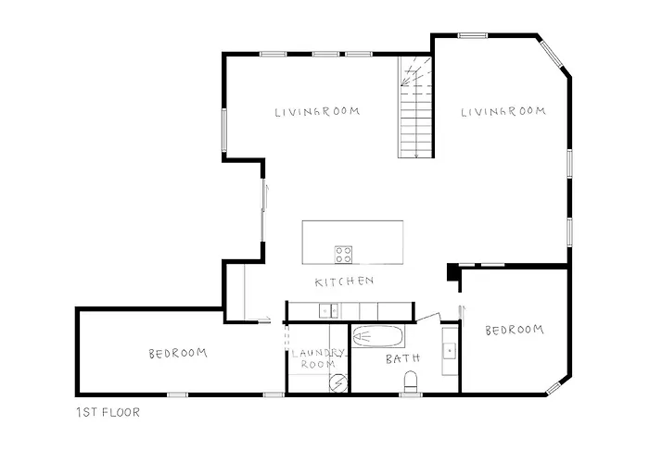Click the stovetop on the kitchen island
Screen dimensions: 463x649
pos(343,254)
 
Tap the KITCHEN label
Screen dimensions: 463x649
pos(344,282)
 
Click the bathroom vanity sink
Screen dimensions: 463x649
pos(449,350)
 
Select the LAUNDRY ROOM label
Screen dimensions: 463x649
pos(317,358)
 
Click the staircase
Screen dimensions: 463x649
pos(416,106)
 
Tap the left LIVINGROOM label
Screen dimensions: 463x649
pos(317,112)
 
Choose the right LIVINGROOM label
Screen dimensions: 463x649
pos(503,112)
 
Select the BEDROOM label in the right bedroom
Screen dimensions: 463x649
pos(514,330)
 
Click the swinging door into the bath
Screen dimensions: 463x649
pos(428,318)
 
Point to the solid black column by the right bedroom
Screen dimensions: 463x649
pos(452,272)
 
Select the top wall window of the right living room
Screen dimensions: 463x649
pos(473,36)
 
